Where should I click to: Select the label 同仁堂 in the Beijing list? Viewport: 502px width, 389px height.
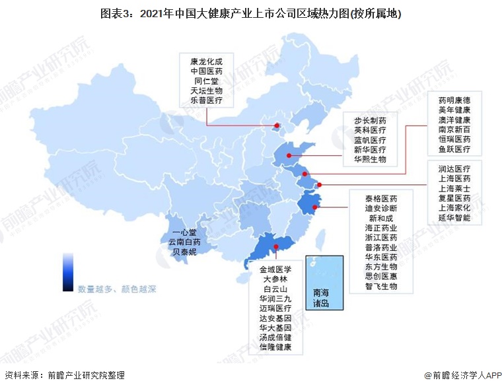pos(206,81)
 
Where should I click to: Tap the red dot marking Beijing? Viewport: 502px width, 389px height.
pos(276,124)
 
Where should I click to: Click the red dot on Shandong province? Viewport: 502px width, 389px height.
pos(289,156)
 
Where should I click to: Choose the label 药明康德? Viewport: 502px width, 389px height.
pos(454,100)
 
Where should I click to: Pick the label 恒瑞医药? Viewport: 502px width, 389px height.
pos(454,139)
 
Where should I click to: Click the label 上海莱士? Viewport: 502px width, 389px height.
pos(454,188)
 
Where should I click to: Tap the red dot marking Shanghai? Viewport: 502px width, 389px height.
pos(320,185)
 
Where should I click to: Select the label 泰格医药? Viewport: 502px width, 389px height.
pos(382,198)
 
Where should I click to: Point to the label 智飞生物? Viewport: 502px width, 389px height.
pos(382,287)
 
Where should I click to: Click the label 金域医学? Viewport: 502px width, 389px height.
pos(275,269)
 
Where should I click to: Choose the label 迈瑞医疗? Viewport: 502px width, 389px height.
pos(275,308)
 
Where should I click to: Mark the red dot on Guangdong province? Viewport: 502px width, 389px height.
pos(276,248)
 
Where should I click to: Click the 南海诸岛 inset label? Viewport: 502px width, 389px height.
pos(325,299)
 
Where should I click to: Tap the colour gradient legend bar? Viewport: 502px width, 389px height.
pos(67,271)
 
